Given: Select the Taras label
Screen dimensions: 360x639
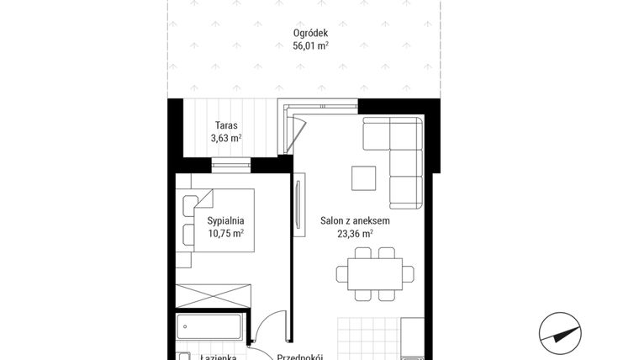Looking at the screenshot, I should click(x=225, y=125).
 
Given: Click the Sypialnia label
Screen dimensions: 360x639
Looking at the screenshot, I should click(x=225, y=220).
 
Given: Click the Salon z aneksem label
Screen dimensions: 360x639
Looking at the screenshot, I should click(x=355, y=221).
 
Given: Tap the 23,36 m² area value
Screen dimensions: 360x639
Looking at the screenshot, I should click(x=355, y=235).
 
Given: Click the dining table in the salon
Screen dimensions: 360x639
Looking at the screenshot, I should click(x=375, y=273).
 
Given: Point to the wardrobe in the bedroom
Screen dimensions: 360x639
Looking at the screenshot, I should click(x=214, y=296).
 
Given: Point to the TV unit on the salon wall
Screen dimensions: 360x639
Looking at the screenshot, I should click(x=298, y=209).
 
